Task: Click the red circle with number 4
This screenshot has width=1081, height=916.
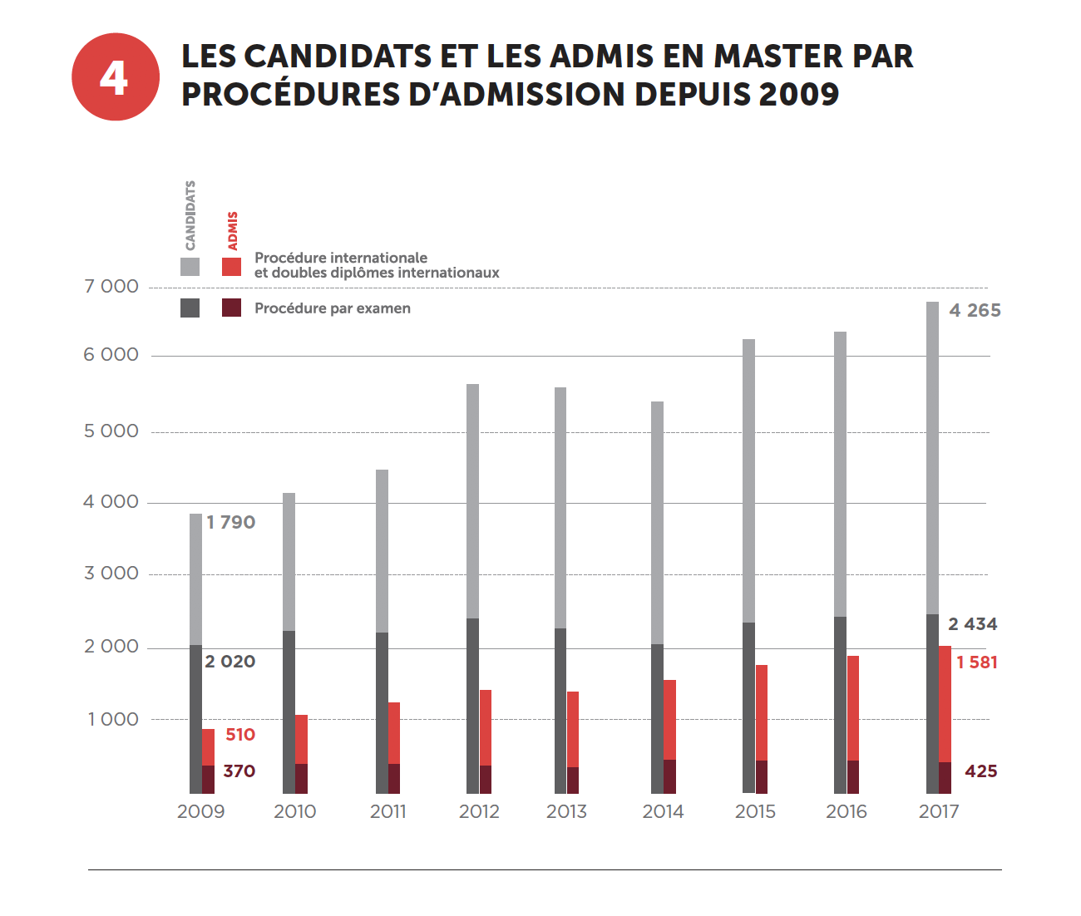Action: pos(115,76)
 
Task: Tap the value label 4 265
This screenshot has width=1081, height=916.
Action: pos(975,311)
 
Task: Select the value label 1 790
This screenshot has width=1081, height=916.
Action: pos(230,523)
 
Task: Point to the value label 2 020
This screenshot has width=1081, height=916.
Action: pos(230,662)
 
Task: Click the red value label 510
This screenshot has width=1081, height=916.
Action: pos(240,735)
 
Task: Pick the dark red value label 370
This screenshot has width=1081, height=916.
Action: pos(239,771)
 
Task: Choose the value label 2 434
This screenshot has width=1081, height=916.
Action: pos(972,624)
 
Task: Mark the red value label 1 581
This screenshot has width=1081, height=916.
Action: pos(976,662)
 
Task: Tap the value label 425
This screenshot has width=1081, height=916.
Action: pos(980,771)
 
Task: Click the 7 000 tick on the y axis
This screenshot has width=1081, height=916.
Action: pos(111,287)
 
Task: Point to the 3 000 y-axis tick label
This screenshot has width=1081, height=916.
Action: pos(111,574)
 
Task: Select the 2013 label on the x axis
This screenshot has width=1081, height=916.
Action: pos(566,812)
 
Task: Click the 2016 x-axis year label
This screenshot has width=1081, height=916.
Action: pos(846,812)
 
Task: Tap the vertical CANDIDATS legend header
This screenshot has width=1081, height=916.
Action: pos(190,215)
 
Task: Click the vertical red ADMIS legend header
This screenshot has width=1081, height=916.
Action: pos(233,230)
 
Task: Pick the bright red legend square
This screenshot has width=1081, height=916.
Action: pos(231,267)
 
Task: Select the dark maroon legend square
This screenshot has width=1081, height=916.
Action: pos(231,308)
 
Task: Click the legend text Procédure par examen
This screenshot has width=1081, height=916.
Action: pos(332,308)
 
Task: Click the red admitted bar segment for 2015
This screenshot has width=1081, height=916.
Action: pos(762,712)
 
